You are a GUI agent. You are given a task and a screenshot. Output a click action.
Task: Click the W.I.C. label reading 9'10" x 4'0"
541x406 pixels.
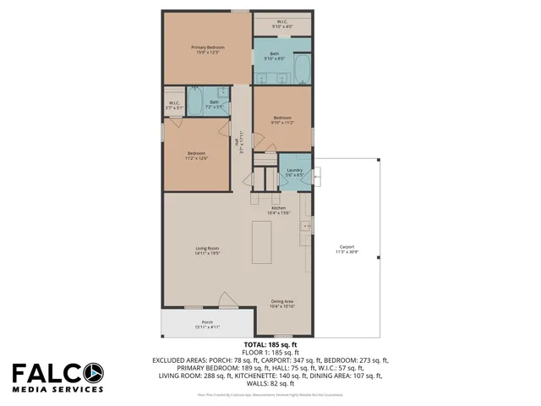coord(282,25)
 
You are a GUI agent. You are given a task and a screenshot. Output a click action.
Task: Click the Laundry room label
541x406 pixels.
coord(294,172)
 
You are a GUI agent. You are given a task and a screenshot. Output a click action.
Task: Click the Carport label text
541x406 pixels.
coord(347,249)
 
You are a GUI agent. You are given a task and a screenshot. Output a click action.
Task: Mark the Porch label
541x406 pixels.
coord(206,324)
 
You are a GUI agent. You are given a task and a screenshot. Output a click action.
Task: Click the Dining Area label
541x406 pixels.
coord(282,304)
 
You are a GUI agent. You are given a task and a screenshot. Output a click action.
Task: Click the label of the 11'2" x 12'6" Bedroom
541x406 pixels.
coord(196,155)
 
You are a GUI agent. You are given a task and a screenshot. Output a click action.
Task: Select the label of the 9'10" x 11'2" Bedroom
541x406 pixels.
coord(282,119)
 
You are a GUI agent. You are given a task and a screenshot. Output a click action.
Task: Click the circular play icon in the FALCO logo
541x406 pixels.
coord(94,372)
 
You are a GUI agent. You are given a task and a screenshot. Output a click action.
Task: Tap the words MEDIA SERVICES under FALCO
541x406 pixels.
coord(57,390)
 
